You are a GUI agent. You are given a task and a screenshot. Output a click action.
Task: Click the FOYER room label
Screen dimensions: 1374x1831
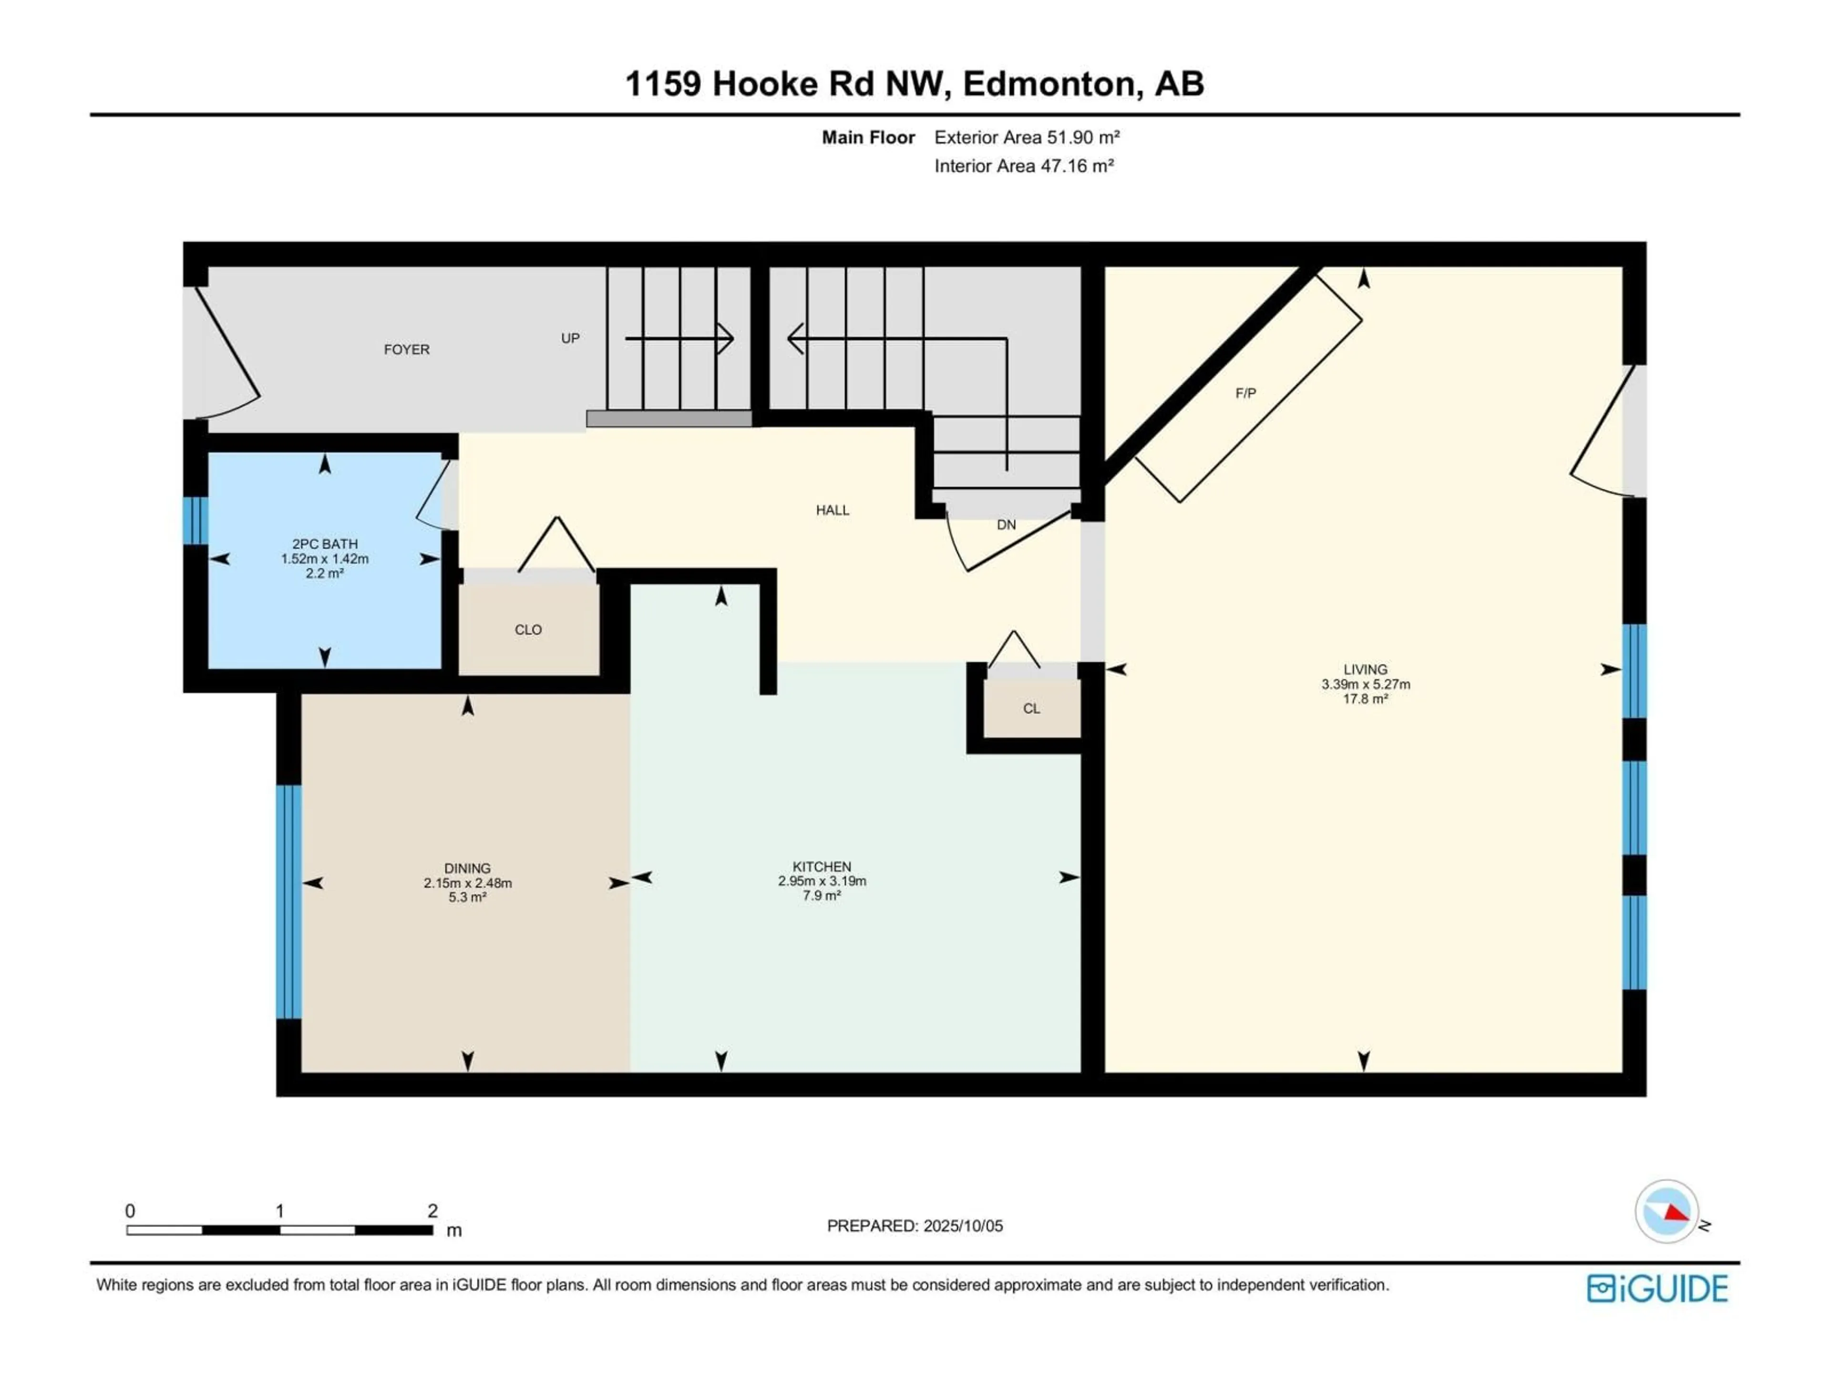pyautogui.click(x=406, y=350)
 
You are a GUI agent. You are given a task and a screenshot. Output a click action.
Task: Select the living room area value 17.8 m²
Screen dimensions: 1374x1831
pyautogui.click(x=1365, y=699)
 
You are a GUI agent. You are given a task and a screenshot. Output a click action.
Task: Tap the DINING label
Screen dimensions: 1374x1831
pyautogui.click(x=467, y=868)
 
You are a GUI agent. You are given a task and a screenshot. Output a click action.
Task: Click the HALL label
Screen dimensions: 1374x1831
pyautogui.click(x=833, y=510)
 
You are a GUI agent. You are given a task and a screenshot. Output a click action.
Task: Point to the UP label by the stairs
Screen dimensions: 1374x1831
pyautogui.click(x=570, y=338)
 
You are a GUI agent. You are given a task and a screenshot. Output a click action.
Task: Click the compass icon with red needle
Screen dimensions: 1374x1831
pyautogui.click(x=1666, y=1212)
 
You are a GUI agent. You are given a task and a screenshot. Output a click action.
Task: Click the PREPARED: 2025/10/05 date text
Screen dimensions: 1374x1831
pyautogui.click(x=915, y=1226)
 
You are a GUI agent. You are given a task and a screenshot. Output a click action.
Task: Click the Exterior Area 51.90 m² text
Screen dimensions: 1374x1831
pyautogui.click(x=1027, y=137)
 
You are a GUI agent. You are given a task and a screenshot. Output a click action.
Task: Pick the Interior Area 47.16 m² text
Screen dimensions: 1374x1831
pyautogui.click(x=1023, y=166)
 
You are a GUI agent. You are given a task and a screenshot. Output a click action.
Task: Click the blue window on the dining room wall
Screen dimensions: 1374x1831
pyautogui.click(x=288, y=902)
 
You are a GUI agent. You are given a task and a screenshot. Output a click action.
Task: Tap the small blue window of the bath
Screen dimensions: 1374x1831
pyautogui.click(x=195, y=520)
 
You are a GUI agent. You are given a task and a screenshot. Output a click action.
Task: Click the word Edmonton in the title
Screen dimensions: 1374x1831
pyautogui.click(x=1049, y=83)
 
